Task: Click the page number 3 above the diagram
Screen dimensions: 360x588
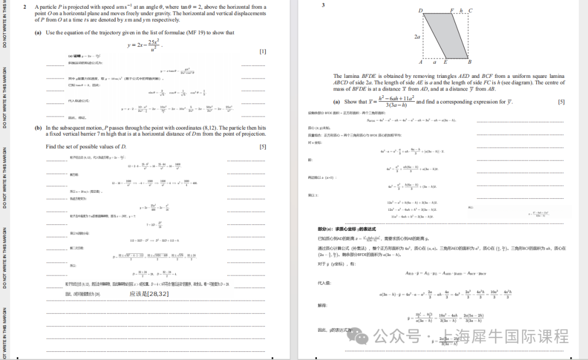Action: pos(323,5)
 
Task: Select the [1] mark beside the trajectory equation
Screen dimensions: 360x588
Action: pos(263,51)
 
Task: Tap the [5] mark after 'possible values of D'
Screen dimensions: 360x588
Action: pos(263,147)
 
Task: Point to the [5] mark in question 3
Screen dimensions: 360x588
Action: pos(561,102)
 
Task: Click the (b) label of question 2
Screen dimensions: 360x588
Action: pos(38,128)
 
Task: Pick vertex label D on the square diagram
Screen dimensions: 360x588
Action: pos(420,10)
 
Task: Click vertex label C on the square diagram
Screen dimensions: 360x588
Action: pos(470,10)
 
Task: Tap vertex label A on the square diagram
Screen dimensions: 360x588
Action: pos(421,62)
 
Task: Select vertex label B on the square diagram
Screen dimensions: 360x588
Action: pos(470,62)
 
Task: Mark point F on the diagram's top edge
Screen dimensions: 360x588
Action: pos(452,10)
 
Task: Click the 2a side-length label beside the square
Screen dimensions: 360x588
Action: pos(417,36)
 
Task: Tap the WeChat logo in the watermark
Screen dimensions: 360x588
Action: pos(362,337)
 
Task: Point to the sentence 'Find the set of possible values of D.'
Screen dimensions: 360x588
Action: pos(86,147)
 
